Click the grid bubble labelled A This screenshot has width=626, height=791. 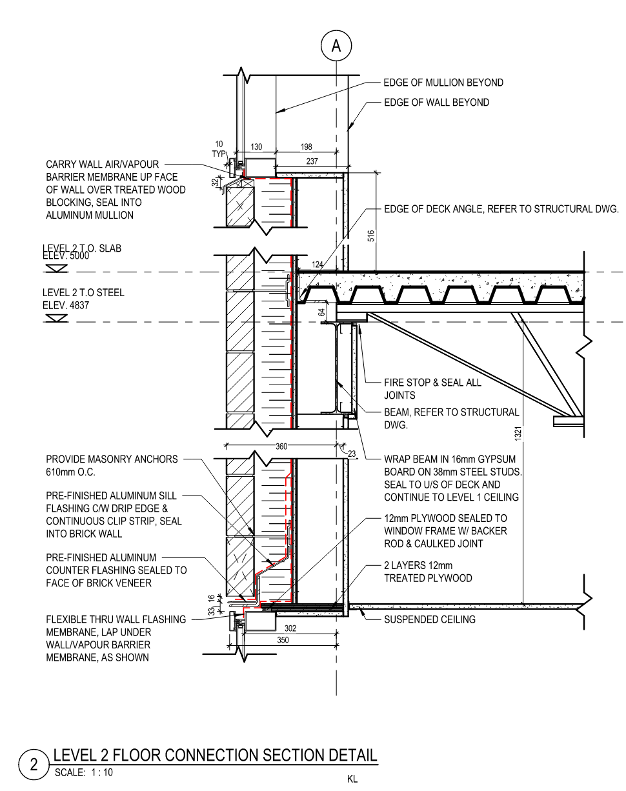coord(336,46)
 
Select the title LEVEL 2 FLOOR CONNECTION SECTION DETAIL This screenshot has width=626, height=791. coord(215,755)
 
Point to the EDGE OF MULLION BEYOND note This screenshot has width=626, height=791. coord(443,83)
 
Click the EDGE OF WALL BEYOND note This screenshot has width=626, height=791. coord(436,102)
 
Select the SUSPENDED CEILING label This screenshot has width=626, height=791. coord(430,619)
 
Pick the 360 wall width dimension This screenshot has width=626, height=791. coord(281,446)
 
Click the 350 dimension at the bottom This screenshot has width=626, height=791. coord(282,640)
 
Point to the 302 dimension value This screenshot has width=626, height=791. coord(291,627)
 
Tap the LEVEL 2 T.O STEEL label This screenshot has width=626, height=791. coord(83,293)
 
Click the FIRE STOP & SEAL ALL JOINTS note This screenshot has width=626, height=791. coord(432,388)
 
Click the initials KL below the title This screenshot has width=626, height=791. coord(352,779)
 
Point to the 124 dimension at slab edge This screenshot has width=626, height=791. coord(317,265)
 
